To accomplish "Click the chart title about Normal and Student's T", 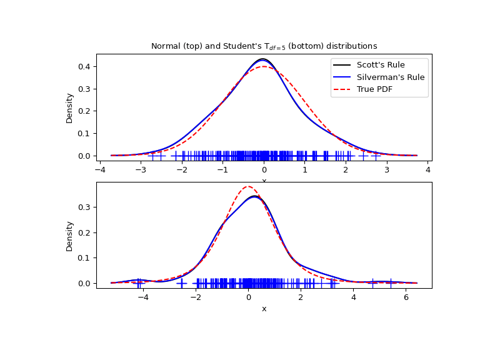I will point(264,46).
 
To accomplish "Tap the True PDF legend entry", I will point(377,90).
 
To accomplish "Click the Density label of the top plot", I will point(70,107).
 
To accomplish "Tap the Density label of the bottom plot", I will point(70,236).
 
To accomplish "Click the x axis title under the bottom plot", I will point(264,309).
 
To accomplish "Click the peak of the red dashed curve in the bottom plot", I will point(248,186).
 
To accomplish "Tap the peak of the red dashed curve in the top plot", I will point(264,66).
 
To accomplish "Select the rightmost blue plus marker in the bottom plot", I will point(391,283).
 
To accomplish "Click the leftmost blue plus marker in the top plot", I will point(152,156).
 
